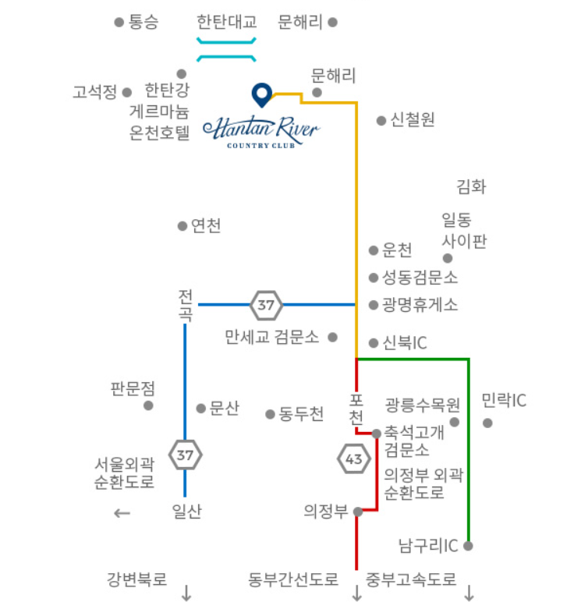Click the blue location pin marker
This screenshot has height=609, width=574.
261,94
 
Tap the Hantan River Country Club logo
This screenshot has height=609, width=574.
260,132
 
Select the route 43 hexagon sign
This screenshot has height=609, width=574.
353,459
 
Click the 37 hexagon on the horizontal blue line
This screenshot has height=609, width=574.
266,304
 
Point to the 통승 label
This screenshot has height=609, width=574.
143,23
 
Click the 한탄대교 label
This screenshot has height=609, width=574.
227,22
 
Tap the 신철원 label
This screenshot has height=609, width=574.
413,120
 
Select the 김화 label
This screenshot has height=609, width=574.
471,186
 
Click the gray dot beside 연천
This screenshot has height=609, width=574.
182,226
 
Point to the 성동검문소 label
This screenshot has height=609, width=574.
420,277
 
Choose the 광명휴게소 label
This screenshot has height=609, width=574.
420,304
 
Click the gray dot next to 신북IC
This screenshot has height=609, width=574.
373,343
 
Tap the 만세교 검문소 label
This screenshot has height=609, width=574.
271,338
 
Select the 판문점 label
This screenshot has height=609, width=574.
133,388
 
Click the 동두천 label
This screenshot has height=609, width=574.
301,414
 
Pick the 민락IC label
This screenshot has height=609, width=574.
504,401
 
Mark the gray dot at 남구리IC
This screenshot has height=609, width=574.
468,546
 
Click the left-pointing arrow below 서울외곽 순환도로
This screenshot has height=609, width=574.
121,513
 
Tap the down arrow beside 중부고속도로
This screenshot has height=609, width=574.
469,593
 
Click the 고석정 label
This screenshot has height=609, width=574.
95,92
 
